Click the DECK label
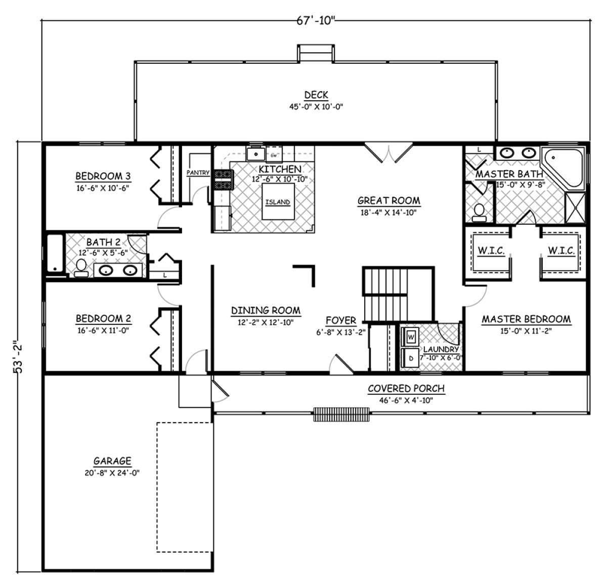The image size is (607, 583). click(316, 95)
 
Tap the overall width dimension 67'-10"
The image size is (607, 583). click(315, 21)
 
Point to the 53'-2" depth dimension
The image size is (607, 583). click(18, 356)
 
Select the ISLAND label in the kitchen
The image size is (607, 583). click(278, 202)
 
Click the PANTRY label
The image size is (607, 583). click(198, 173)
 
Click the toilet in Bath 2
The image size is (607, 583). click(81, 268)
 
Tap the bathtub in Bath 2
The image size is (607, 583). click(56, 253)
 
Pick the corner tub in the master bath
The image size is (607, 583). click(563, 168)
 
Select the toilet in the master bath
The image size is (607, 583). click(479, 213)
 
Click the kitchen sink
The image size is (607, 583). click(256, 154)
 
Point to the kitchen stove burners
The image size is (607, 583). click(224, 180)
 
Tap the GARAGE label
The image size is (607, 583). click(112, 461)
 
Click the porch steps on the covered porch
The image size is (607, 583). click(341, 414)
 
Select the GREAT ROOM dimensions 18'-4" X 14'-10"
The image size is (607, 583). click(388, 213)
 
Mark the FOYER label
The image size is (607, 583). click(341, 320)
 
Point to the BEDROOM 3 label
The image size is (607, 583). click(103, 176)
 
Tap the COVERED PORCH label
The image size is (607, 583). click(406, 389)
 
